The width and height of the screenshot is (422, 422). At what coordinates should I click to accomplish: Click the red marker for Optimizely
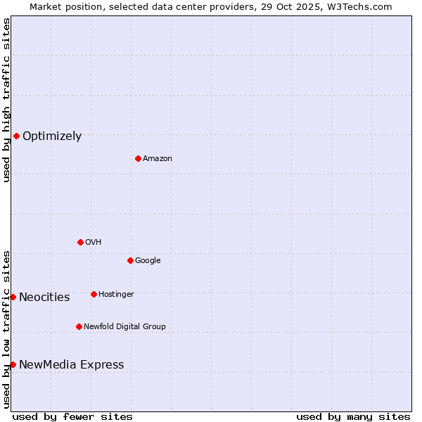pyautogui.click(x=16, y=136)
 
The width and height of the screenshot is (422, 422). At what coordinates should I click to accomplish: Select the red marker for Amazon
pyautogui.click(x=138, y=158)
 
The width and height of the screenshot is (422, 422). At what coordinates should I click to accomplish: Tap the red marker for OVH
pyautogui.click(x=80, y=242)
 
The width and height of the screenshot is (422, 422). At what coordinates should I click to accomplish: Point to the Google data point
pyautogui.click(x=130, y=260)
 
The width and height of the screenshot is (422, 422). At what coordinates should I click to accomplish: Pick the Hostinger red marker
pyautogui.click(x=94, y=294)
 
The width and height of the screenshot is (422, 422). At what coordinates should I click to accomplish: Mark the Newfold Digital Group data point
pyautogui.click(x=79, y=326)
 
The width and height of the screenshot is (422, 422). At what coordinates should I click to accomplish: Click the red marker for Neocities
pyautogui.click(x=13, y=297)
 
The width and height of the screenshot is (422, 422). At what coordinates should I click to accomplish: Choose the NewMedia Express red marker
pyautogui.click(x=13, y=364)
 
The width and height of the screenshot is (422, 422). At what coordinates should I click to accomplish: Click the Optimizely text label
pyautogui.click(x=52, y=136)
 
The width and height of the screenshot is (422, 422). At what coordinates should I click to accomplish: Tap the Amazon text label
pyautogui.click(x=158, y=159)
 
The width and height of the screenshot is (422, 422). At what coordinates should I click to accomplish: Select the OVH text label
pyautogui.click(x=94, y=243)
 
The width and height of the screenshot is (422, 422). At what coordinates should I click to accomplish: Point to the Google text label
pyautogui.click(x=148, y=261)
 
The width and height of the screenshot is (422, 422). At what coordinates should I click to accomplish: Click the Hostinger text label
pyautogui.click(x=116, y=295)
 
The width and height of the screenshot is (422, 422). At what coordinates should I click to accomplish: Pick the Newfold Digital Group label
pyautogui.click(x=124, y=327)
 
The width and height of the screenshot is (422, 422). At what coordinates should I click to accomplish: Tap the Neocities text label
pyautogui.click(x=44, y=298)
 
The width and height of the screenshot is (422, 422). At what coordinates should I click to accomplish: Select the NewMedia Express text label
pyautogui.click(x=71, y=365)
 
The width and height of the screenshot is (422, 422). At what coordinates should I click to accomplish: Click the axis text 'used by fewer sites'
pyautogui.click(x=72, y=416)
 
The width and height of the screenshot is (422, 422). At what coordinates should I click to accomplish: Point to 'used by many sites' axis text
pyautogui.click(x=353, y=416)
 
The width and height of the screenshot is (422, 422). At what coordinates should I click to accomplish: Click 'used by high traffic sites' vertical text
pyautogui.click(x=6, y=100)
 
